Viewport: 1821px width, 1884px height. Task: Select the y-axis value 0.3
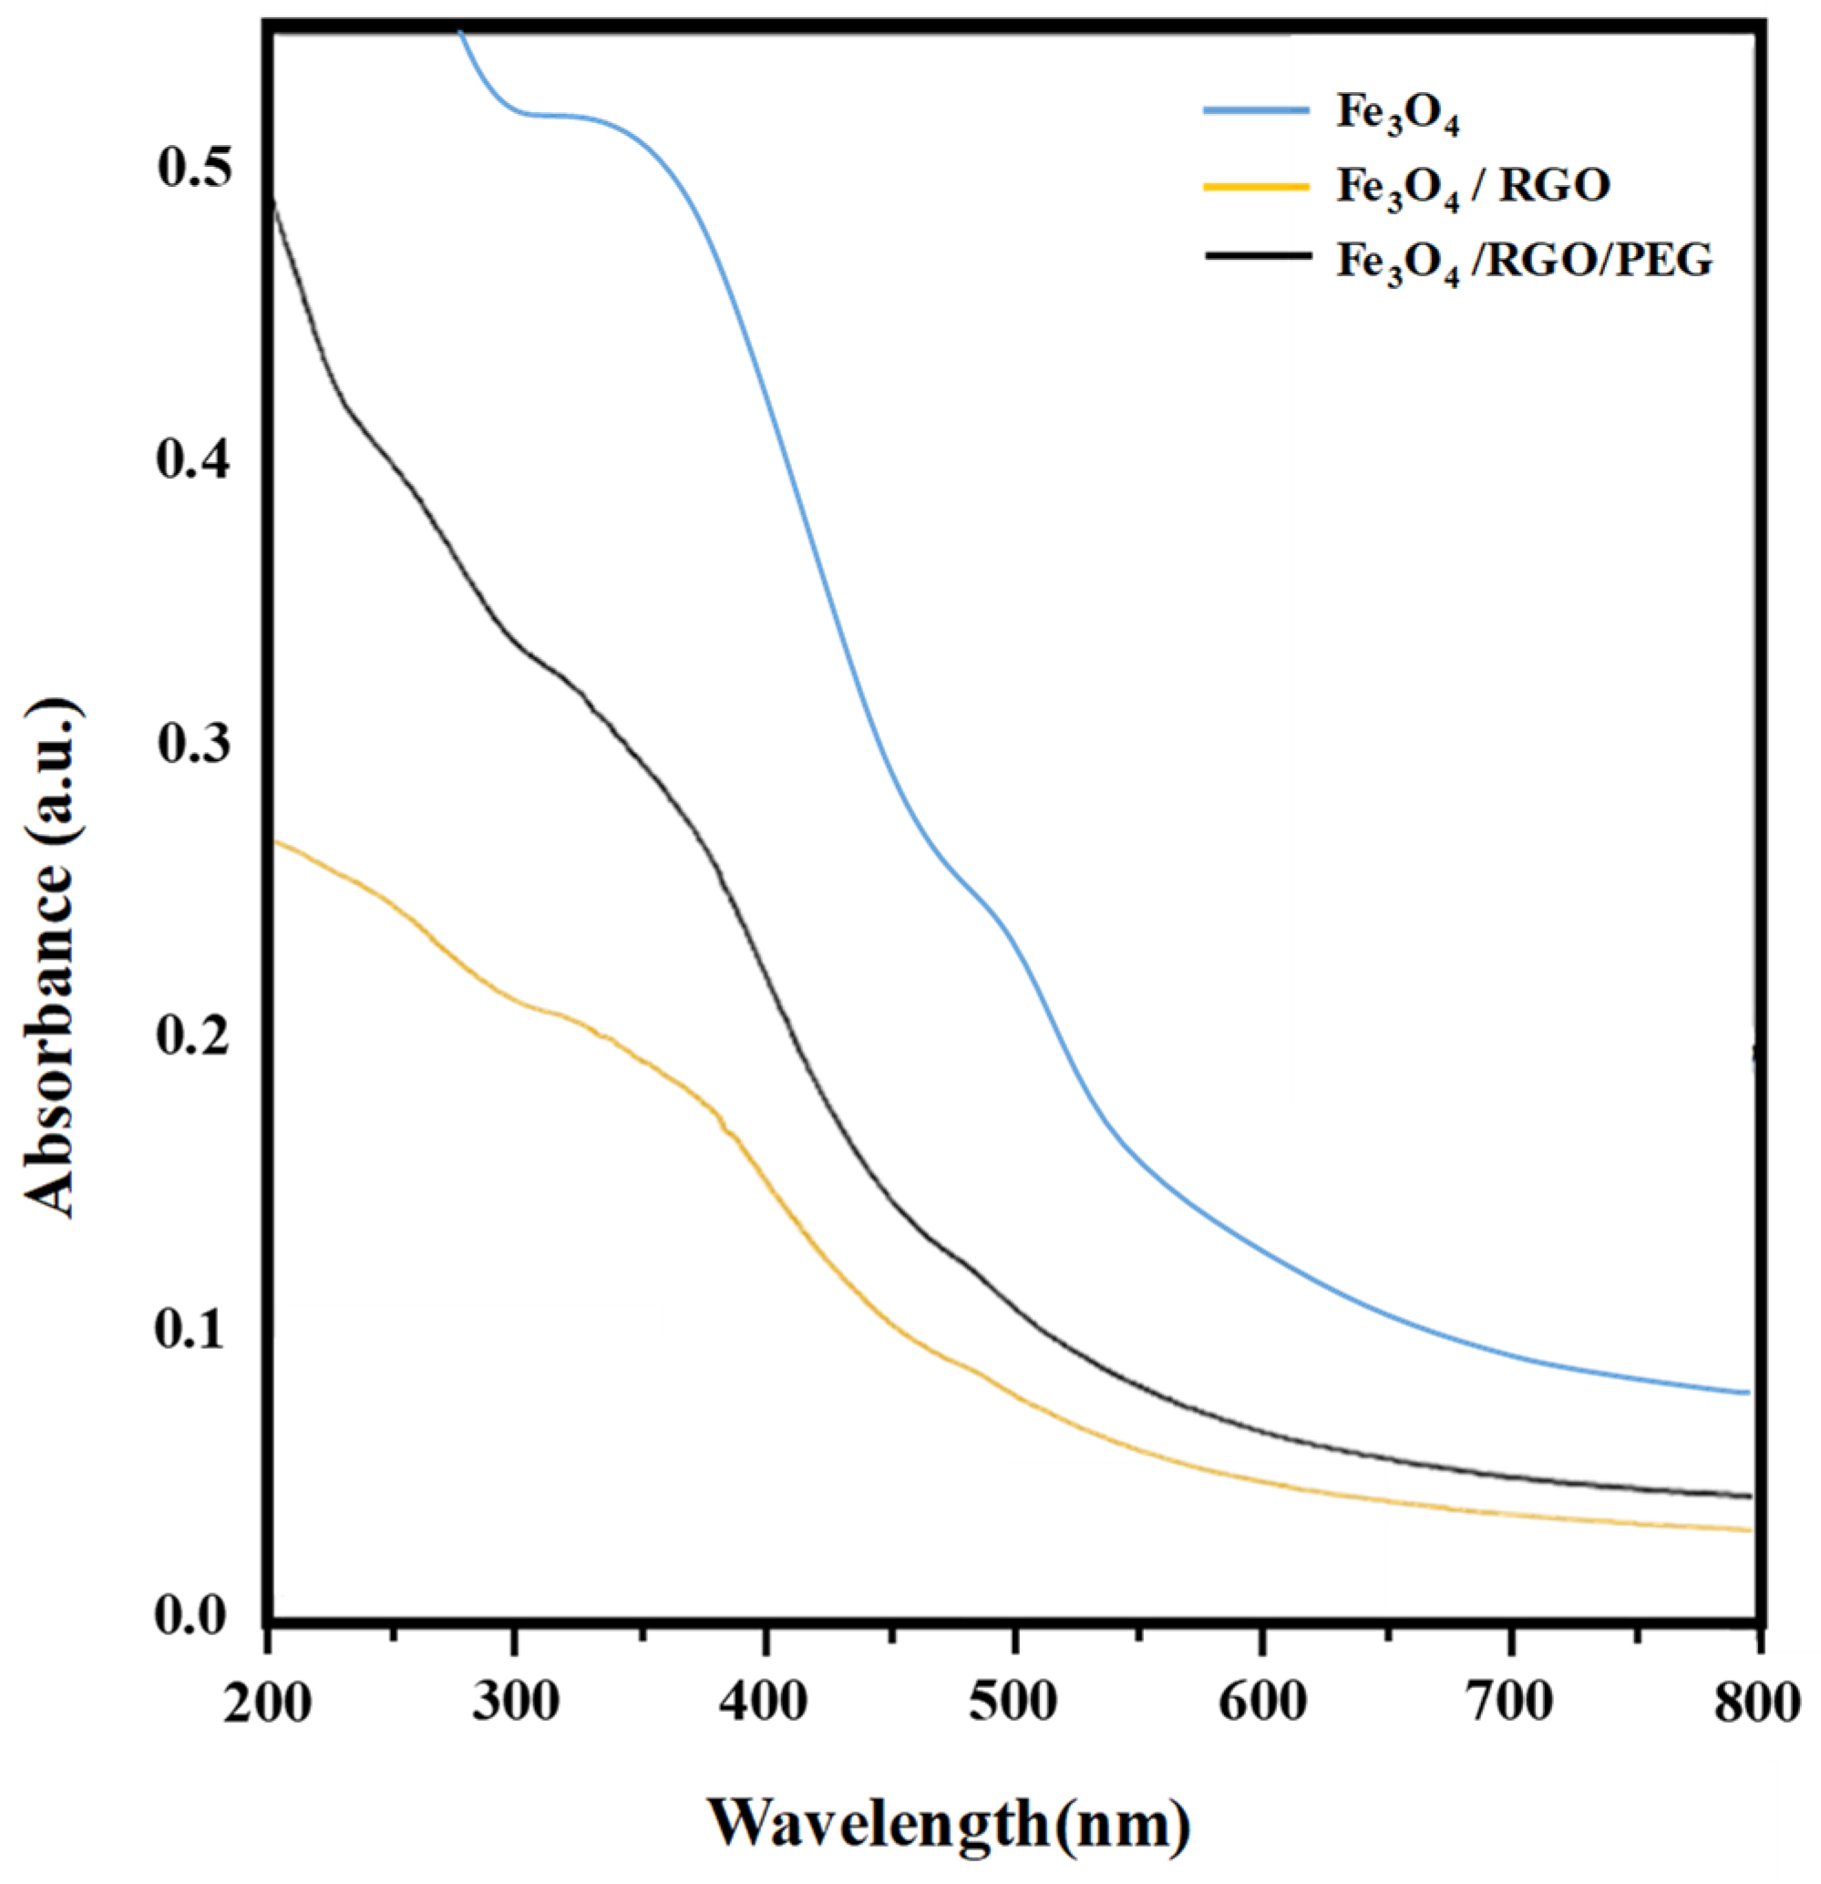point(198,746)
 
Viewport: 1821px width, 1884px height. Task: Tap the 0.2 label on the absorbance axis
point(198,1037)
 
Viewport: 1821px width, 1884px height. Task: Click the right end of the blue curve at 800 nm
point(1746,1392)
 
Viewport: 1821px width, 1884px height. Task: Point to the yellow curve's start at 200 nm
point(278,842)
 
